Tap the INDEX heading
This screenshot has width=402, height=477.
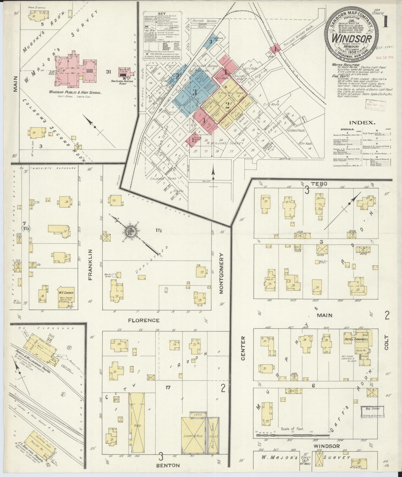coord(362,122)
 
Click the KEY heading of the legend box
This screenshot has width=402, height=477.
coord(161,13)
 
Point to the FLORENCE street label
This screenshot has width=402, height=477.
coord(144,320)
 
